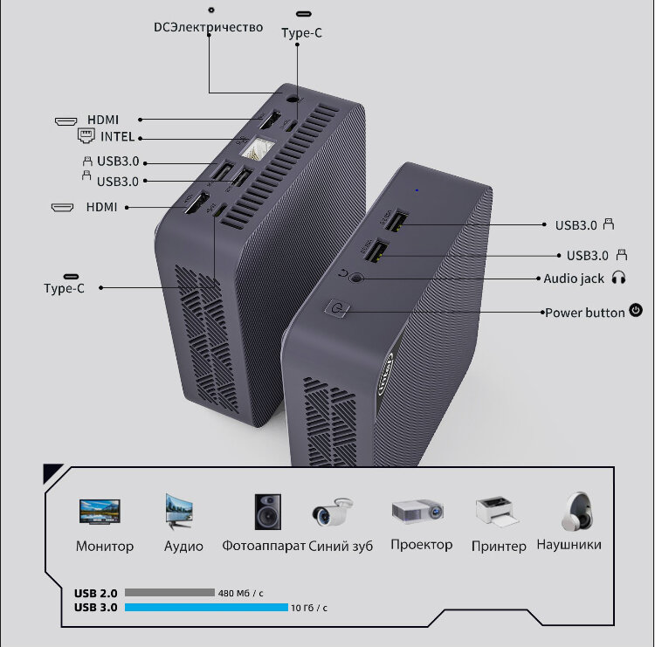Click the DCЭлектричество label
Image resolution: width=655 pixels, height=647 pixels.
pyautogui.click(x=208, y=27)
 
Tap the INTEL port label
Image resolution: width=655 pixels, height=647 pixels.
pyautogui.click(x=117, y=137)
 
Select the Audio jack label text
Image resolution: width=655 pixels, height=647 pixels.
pyautogui.click(x=574, y=279)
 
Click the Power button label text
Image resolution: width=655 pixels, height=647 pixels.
pyautogui.click(x=584, y=312)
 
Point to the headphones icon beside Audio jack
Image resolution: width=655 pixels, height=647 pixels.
pyautogui.click(x=619, y=279)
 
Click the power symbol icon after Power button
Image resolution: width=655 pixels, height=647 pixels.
pyautogui.click(x=636, y=310)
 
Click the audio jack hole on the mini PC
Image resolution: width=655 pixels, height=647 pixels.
pyautogui.click(x=355, y=279)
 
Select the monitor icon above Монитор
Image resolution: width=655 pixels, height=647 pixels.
pyautogui.click(x=100, y=511)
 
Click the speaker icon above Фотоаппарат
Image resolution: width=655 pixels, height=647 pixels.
pyautogui.click(x=267, y=512)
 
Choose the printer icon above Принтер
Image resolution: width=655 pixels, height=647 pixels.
pyautogui.click(x=497, y=512)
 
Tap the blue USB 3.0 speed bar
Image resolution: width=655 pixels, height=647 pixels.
pyautogui.click(x=206, y=607)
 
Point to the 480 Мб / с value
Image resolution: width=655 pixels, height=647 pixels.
pyautogui.click(x=246, y=593)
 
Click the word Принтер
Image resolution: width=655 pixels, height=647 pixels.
pyautogui.click(x=499, y=546)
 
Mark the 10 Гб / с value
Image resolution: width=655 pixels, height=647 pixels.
pyautogui.click(x=309, y=608)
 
